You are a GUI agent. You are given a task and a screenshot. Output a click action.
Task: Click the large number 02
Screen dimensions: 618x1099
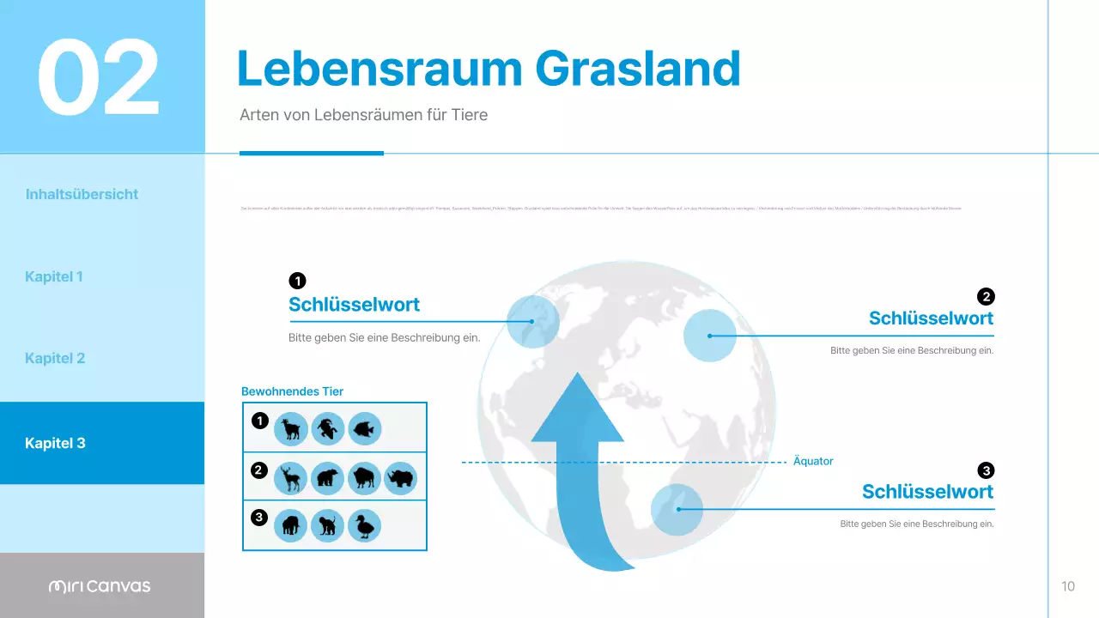coord(99,78)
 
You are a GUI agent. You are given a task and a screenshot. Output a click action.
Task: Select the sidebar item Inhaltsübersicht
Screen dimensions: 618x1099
coord(82,194)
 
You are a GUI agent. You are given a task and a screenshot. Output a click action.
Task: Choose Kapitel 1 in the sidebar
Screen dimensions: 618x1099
coord(54,276)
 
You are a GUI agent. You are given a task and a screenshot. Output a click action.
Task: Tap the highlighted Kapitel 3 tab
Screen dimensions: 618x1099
coord(56,444)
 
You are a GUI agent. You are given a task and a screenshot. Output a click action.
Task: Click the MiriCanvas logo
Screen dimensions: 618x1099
coord(100,586)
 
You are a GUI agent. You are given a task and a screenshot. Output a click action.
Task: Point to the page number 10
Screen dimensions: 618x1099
coord(1068,586)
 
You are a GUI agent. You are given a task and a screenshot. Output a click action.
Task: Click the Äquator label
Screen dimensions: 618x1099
coord(813,462)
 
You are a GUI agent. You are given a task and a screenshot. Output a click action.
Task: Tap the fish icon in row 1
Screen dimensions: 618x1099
coord(365,428)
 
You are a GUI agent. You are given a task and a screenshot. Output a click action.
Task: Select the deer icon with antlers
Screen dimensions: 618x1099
coord(291,477)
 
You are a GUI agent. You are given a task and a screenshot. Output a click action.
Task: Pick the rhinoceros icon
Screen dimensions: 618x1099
coord(401,477)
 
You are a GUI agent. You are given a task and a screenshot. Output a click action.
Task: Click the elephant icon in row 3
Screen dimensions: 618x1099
coord(291,525)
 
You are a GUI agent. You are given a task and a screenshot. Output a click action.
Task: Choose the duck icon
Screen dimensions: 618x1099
coord(365,525)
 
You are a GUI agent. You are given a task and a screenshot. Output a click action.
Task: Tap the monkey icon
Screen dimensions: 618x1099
coord(328,525)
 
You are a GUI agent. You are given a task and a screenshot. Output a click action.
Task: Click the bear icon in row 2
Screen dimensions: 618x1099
coord(328,477)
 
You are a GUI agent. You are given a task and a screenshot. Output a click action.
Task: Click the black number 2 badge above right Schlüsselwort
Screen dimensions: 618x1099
coord(986,296)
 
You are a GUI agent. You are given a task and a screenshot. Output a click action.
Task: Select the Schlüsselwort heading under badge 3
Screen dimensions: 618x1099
coord(927,492)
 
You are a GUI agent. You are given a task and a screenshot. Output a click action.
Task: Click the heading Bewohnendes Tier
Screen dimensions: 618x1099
coord(292,391)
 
